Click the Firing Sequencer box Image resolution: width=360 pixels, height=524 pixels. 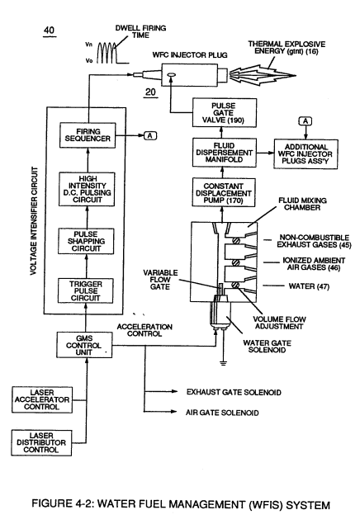point(88,135)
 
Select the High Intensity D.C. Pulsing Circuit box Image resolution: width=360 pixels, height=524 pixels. point(87,189)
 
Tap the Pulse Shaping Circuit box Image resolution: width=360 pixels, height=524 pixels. point(86,241)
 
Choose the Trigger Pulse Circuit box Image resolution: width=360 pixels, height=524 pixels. point(86,290)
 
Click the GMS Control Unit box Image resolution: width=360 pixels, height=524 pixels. point(84,345)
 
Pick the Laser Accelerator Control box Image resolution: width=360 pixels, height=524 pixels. point(42,400)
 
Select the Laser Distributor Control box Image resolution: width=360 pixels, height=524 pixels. point(41,443)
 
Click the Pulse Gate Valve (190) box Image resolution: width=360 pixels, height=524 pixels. point(225,112)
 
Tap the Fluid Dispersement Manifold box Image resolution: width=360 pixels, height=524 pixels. point(224,153)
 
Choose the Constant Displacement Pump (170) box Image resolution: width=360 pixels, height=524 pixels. point(224,193)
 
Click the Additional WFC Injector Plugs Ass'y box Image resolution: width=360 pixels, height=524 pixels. point(306,154)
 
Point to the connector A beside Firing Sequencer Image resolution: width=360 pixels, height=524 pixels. point(150,135)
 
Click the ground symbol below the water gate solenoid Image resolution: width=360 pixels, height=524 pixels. point(223,362)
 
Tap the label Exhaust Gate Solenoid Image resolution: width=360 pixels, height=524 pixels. point(234,392)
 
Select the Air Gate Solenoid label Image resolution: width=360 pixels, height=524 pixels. point(222,413)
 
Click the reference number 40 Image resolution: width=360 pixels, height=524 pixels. point(50,31)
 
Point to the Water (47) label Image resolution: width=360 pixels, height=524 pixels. point(309,286)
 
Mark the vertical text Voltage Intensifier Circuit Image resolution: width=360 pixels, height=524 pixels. point(33,221)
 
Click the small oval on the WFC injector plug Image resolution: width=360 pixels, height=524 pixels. point(172,75)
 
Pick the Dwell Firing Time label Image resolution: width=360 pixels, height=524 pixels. point(140,31)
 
